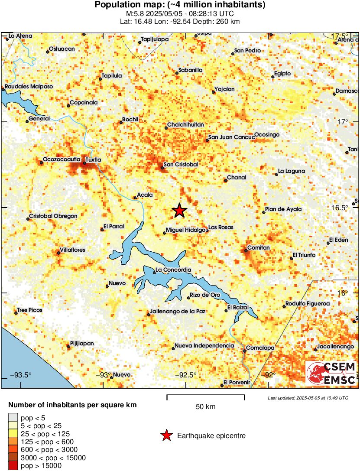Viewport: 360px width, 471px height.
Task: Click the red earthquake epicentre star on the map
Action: coord(179,211)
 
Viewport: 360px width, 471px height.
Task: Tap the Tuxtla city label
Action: coord(93,159)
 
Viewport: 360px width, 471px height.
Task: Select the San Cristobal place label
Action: coord(181,165)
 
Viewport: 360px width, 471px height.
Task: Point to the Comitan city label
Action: coord(258,248)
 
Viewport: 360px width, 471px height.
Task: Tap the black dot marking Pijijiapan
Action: coord(68,346)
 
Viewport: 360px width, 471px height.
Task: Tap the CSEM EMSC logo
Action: coord(331,373)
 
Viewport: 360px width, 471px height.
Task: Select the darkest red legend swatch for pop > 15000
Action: coord(13,466)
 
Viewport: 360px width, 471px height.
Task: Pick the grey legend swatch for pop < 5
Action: coord(13,418)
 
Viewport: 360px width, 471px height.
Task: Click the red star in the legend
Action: coord(166,435)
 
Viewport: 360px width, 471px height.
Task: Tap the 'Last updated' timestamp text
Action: coord(308,398)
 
